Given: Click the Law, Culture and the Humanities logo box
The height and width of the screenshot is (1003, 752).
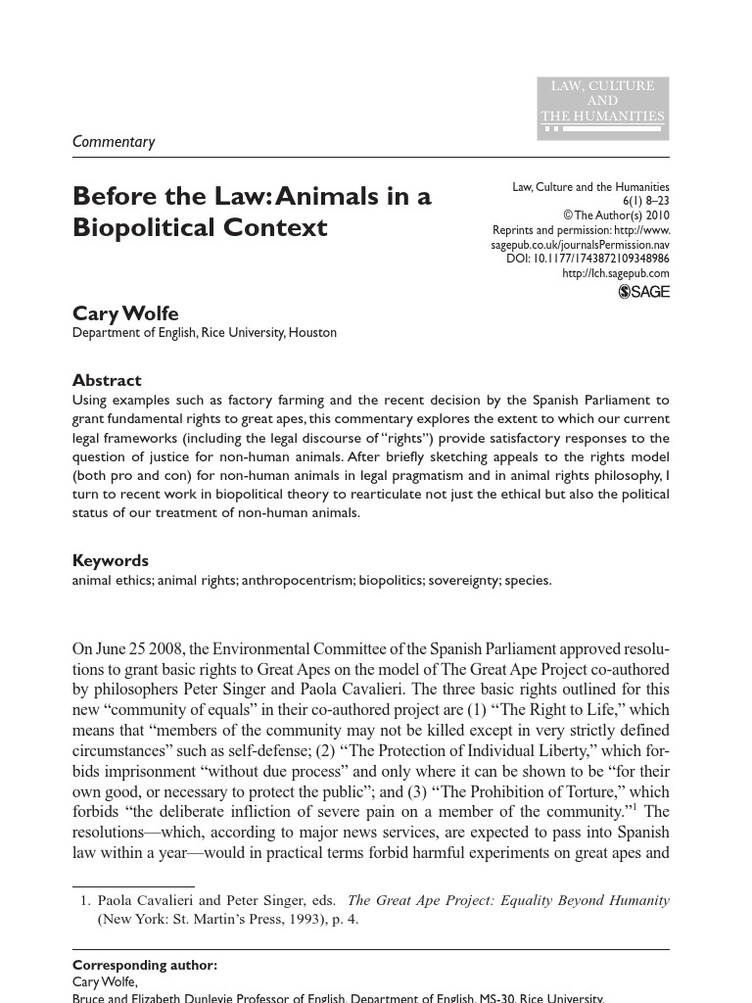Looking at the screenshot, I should click(602, 108).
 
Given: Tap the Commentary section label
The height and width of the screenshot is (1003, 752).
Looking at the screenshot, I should click(114, 142).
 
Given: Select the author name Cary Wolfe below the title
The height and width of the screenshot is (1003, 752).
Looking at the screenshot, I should click(125, 313).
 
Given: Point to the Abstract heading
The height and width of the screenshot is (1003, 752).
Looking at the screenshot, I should click(107, 380).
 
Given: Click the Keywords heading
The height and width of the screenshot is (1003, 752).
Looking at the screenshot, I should click(111, 560).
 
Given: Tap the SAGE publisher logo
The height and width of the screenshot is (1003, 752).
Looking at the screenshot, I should click(644, 292).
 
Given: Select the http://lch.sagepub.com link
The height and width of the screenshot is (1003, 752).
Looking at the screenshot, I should click(616, 274).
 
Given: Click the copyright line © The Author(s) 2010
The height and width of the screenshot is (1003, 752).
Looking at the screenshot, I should click(616, 215).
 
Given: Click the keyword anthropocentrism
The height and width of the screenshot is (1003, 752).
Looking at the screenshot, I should click(298, 581).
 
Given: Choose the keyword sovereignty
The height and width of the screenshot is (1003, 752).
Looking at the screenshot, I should click(460, 581).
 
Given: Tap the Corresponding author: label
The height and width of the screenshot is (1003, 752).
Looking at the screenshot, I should click(145, 965).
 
